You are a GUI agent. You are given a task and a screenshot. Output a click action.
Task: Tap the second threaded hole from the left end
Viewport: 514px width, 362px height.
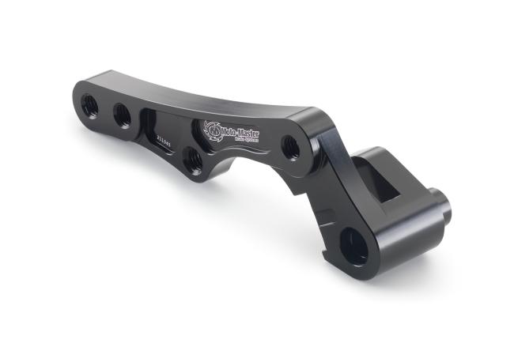pyautogui.click(x=123, y=116)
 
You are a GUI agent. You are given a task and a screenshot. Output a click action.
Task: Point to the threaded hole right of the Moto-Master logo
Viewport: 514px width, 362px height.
pyautogui.click(x=290, y=145)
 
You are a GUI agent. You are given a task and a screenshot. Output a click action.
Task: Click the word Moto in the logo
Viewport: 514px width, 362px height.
pyautogui.click(x=232, y=129)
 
